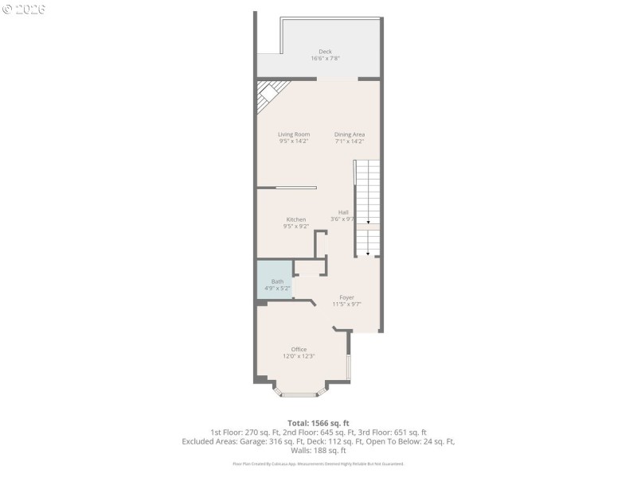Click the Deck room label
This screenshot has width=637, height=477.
coord(325,52)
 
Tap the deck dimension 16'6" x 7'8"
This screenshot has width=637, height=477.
coord(325,59)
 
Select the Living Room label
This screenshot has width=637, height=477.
coord(294,134)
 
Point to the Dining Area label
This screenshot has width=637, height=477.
coord(349,134)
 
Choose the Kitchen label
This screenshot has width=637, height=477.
coord(296,219)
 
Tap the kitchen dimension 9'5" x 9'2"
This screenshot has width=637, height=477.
coord(296,227)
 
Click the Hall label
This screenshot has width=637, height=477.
coord(343,212)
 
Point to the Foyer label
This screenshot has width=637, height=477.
coord(346,297)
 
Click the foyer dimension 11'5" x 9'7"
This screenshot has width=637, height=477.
coord(346,304)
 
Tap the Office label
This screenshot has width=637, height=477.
coord(299,349)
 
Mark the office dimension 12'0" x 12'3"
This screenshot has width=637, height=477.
coord(299,356)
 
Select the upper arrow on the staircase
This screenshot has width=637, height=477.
coord(367,222)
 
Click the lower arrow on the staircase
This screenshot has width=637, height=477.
coord(367,254)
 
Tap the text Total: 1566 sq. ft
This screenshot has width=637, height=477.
coord(318,423)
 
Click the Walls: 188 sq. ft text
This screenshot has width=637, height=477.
coord(318,450)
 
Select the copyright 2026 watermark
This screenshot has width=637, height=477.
coord(24,10)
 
